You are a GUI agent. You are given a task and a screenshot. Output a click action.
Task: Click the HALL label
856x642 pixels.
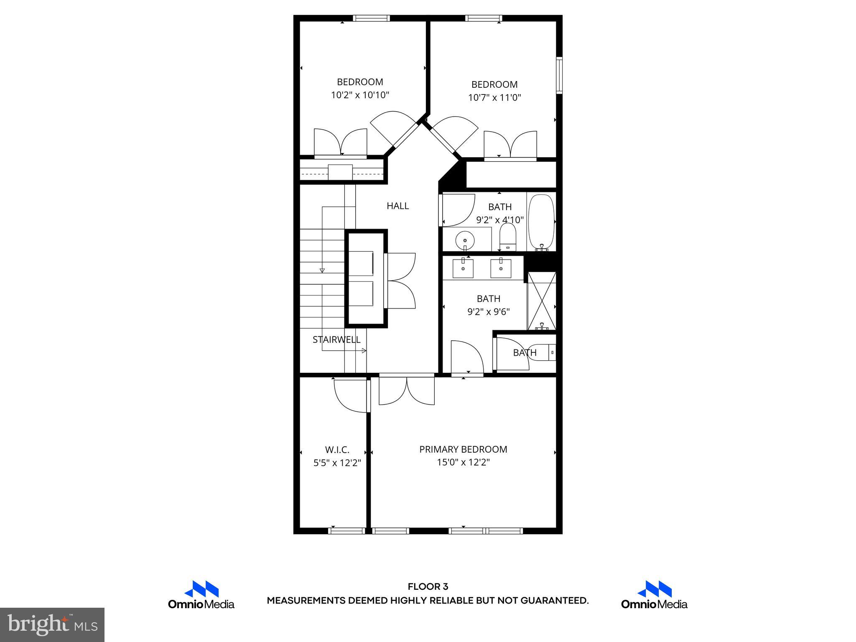tap(397, 206)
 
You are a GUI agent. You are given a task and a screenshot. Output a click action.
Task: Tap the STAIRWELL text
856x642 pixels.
tap(336, 339)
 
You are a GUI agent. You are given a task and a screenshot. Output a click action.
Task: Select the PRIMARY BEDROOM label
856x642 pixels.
tap(463, 449)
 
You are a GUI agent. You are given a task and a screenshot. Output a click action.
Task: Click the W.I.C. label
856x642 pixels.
tap(337, 450)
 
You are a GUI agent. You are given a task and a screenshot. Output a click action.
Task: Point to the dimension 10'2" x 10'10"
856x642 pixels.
tap(360, 95)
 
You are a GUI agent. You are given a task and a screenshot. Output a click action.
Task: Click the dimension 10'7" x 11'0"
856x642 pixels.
tap(494, 97)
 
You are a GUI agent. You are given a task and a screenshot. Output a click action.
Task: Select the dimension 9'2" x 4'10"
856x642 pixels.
tap(500, 220)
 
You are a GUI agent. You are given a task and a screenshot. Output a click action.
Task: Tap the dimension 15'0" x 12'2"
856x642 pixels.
tap(463, 462)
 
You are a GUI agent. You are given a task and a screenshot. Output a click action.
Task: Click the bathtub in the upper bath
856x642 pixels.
tap(541, 222)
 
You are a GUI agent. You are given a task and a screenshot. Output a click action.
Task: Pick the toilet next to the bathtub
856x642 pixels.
tap(508, 237)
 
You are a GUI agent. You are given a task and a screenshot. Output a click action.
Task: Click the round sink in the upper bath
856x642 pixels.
tap(465, 241)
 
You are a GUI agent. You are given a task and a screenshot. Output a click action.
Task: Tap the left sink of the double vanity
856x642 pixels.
tap(463, 268)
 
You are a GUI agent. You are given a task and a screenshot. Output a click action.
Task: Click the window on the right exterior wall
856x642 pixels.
tap(559, 75)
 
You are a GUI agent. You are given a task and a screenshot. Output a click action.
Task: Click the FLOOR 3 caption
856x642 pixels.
tap(428, 587)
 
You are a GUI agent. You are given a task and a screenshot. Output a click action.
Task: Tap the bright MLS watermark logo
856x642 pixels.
tap(52, 625)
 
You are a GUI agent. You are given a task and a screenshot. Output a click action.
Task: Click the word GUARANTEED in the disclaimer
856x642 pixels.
tap(554, 601)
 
